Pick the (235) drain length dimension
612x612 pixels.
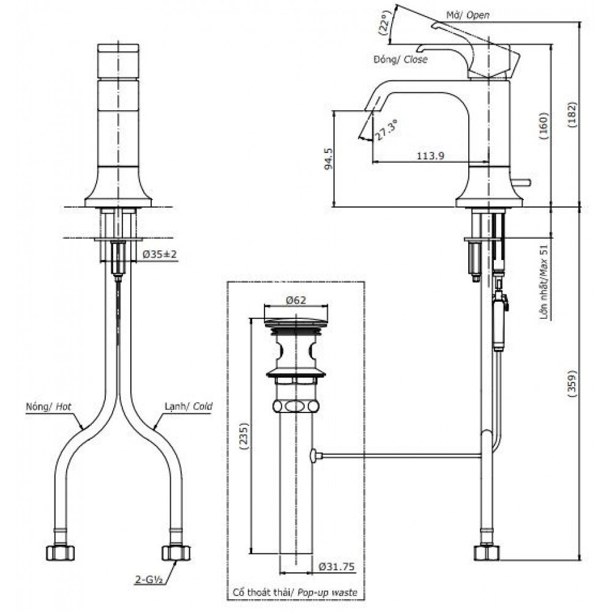(244, 437)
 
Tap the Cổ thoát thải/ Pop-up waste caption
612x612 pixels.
(294, 592)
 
